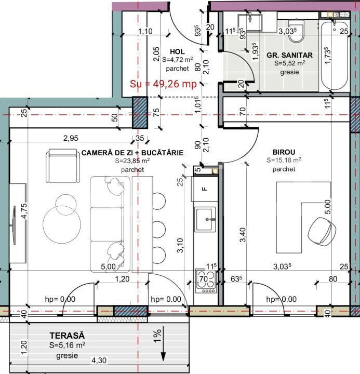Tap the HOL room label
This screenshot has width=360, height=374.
click(x=163, y=52)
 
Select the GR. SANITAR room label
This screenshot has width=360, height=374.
click(x=289, y=55)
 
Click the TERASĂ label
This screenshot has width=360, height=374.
click(x=67, y=336)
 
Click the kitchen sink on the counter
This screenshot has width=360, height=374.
click(x=205, y=219)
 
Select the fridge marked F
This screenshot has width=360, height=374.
click(x=204, y=189)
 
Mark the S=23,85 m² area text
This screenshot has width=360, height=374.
click(x=132, y=162)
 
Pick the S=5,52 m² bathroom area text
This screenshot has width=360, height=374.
click(x=289, y=63)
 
